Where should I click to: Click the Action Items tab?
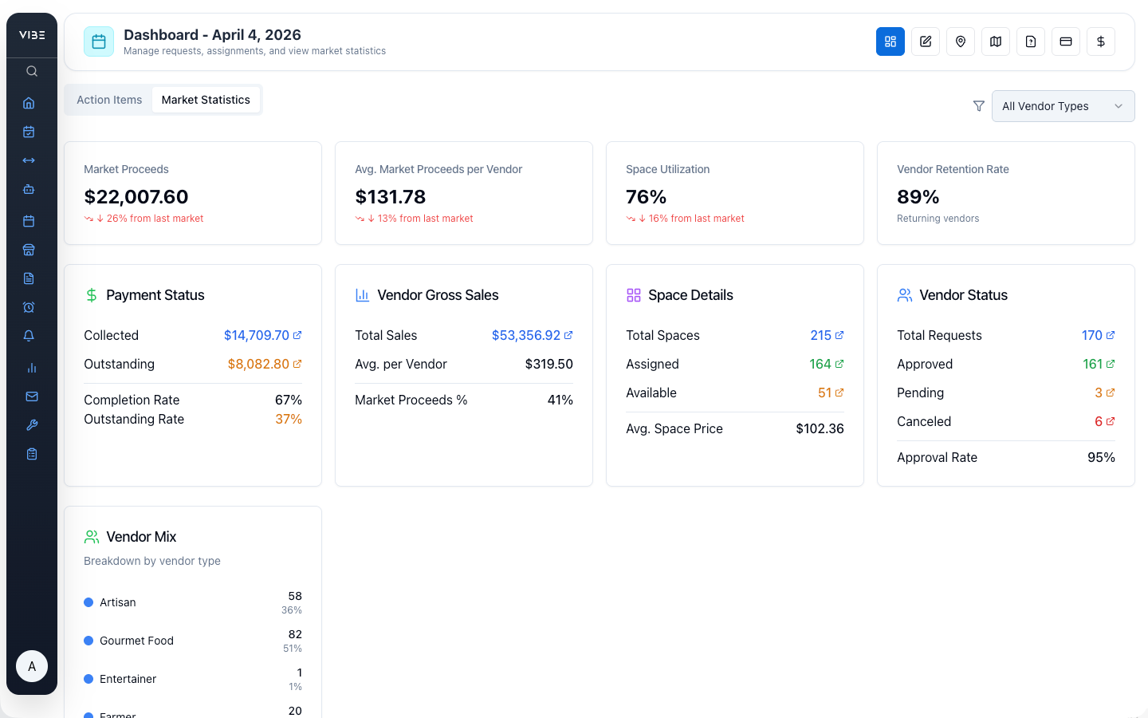click(x=109, y=100)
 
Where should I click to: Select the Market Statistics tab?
click(x=206, y=100)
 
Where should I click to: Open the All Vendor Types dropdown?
click(x=1062, y=106)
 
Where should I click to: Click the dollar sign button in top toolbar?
click(x=1100, y=41)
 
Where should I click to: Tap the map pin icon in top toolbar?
click(x=960, y=41)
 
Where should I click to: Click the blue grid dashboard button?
click(x=890, y=41)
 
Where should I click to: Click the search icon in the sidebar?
click(x=32, y=71)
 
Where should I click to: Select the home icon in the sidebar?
click(x=29, y=103)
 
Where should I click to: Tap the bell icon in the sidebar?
click(x=29, y=336)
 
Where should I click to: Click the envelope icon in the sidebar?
click(x=32, y=396)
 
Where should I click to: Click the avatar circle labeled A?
click(x=32, y=666)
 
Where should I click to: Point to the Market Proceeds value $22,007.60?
click(x=136, y=197)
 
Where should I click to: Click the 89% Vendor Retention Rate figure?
click(x=918, y=197)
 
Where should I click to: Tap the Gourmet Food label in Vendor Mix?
click(x=136, y=641)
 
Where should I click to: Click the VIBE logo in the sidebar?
click(x=32, y=35)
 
